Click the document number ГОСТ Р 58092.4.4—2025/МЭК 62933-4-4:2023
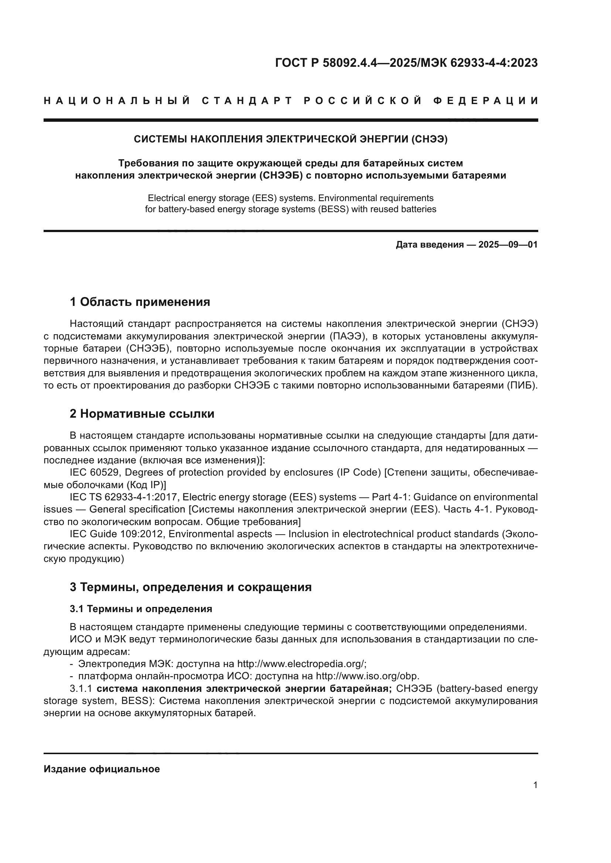[x=406, y=63]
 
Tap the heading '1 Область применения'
[x=140, y=302]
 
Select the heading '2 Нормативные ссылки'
[x=142, y=414]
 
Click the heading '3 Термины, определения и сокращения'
[x=190, y=587]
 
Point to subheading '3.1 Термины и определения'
[x=141, y=609]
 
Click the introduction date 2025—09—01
[x=508, y=245]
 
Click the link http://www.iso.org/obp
[x=367, y=676]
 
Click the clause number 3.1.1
[x=81, y=688]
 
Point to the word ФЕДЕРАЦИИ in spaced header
[x=486, y=101]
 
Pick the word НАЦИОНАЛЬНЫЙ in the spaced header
[x=117, y=101]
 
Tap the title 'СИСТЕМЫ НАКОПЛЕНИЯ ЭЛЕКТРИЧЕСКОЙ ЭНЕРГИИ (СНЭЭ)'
[x=290, y=139]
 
